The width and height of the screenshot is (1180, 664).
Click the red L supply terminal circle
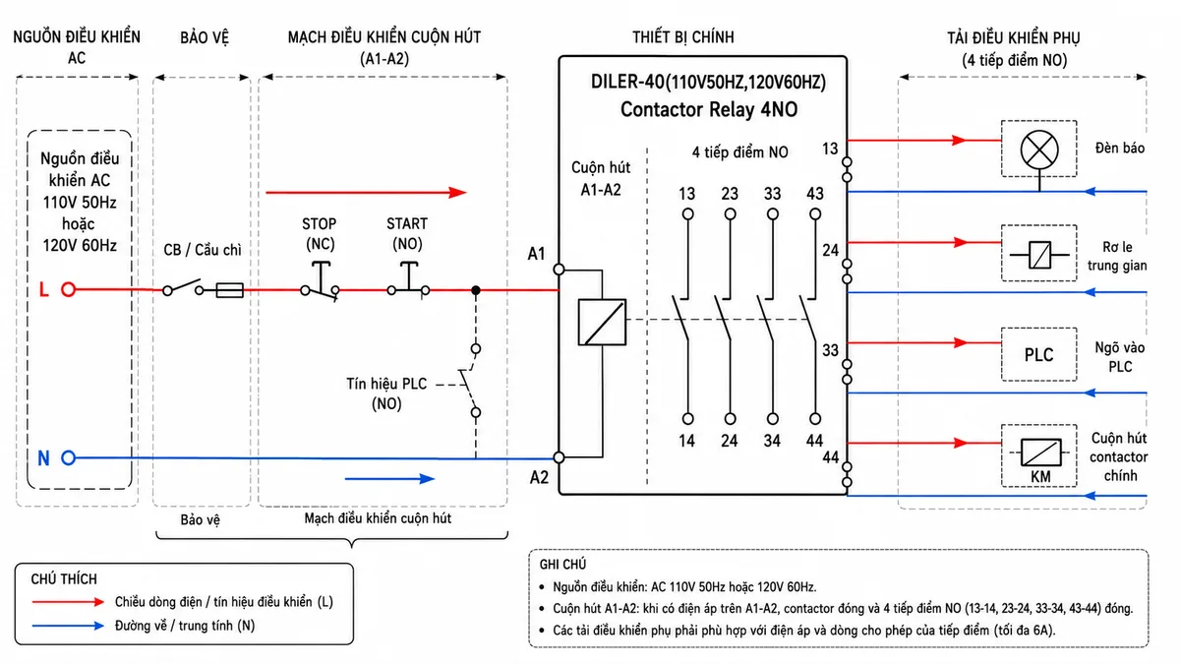coord(68,289)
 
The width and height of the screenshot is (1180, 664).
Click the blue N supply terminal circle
coord(68,458)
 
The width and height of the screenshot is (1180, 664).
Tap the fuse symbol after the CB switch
coord(230,290)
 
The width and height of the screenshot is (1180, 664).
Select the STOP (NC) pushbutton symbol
coord(321,281)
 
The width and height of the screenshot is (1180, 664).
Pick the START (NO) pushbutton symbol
coord(408,279)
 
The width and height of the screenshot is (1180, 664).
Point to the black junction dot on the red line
coord(476,290)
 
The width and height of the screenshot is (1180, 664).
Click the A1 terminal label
coord(536,254)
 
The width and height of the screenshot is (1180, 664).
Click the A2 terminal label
coord(539,477)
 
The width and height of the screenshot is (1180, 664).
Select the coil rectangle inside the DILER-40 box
coord(602,322)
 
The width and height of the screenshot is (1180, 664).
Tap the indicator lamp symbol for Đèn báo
coord(1039,150)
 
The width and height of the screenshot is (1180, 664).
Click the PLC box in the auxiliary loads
coord(1038,355)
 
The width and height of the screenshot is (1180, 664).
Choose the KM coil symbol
coord(1041,453)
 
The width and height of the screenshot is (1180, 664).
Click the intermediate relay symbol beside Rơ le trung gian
coord(1039,255)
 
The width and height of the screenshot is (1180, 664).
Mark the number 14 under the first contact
coord(687,441)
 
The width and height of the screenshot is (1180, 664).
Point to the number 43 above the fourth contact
coord(815,194)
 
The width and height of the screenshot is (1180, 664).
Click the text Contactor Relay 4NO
coord(709,109)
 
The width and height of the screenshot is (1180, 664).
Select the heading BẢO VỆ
coord(205,37)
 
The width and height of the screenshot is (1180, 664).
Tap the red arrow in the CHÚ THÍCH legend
coord(68,602)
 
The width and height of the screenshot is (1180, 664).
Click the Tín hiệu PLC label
coord(386,384)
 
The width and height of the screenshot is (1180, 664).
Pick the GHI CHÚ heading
coord(562,565)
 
